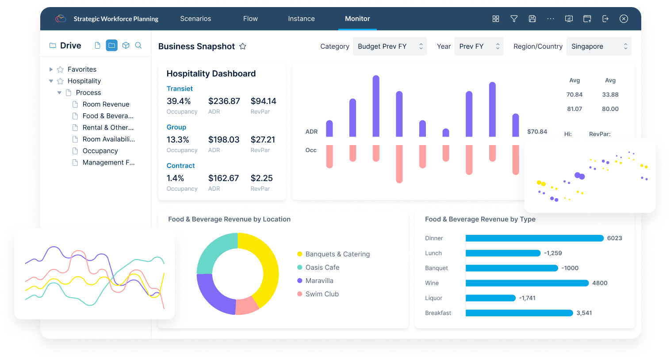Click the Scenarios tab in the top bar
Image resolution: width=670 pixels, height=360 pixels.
[x=195, y=19]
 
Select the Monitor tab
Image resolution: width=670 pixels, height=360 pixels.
[x=357, y=19]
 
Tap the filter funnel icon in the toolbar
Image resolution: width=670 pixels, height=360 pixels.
[x=514, y=19]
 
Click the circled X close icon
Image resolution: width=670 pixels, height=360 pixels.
[x=624, y=19]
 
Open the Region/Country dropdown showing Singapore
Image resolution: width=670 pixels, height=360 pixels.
[x=599, y=46]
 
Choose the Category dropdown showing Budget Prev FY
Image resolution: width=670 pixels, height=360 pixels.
[x=390, y=46]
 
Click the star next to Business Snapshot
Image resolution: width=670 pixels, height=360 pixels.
[x=243, y=46]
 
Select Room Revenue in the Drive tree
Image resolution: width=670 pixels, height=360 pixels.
[x=106, y=104]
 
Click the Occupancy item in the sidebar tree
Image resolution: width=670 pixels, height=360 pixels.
[x=100, y=151]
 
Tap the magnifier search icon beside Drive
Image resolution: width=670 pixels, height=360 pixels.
[x=138, y=46]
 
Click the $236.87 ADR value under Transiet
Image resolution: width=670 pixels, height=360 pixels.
[x=224, y=101]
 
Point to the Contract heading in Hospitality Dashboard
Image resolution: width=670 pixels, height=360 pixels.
[x=181, y=166]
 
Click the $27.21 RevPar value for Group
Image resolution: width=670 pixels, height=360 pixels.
[x=263, y=140]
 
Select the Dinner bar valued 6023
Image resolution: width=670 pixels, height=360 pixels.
[x=535, y=238]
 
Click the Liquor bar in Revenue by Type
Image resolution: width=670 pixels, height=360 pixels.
[x=490, y=298]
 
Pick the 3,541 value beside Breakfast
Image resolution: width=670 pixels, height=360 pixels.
[x=584, y=313]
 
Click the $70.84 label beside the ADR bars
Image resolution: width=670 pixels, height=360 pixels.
[x=537, y=131]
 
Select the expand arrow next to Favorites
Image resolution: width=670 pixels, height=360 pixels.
[x=51, y=69]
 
